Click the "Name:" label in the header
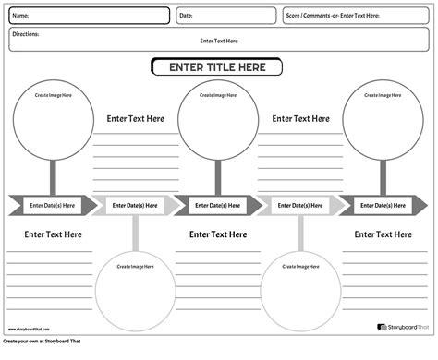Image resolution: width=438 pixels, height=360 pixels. (x=21, y=16)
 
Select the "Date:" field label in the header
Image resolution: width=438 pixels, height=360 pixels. (x=186, y=16)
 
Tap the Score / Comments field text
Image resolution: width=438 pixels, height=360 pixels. (x=333, y=16)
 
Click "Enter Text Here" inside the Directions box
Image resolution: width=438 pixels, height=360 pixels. (x=219, y=41)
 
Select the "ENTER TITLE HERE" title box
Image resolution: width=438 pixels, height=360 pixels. (x=218, y=67)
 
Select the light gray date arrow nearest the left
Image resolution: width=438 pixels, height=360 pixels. (x=135, y=205)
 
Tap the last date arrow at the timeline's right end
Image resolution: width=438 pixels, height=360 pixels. (x=383, y=205)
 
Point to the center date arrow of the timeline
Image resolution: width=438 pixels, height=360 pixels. (x=218, y=205)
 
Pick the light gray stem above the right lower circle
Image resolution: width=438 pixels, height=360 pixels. (x=300, y=233)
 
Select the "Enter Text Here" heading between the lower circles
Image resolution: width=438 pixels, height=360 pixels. (x=218, y=234)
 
